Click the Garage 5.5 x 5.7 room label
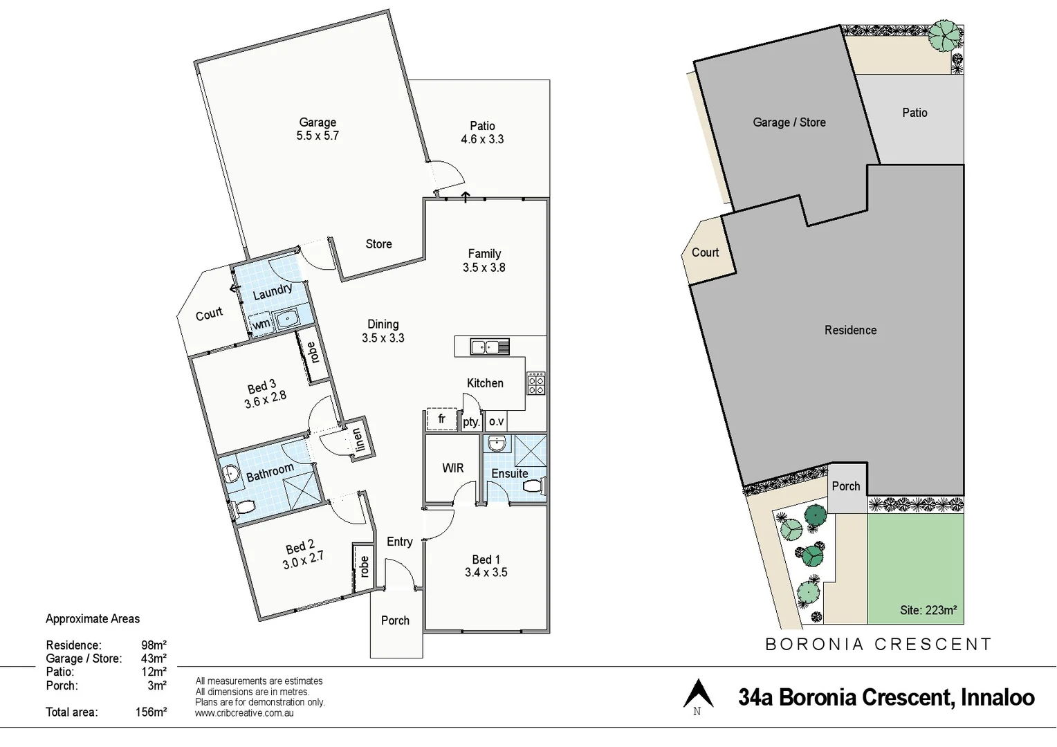(318, 129)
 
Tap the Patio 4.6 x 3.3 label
(482, 132)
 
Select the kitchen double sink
(489, 346)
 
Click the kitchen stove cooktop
(536, 383)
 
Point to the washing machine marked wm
(261, 324)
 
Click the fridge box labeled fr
(441, 419)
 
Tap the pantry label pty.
(471, 421)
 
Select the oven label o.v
(496, 421)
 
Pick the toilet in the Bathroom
(243, 508)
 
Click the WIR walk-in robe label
(453, 468)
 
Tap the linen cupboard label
(357, 439)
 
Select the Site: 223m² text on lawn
(928, 610)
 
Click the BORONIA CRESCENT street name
(879, 645)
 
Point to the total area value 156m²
(151, 712)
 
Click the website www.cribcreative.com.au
(244, 713)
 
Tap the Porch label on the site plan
(846, 486)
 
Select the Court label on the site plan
(705, 252)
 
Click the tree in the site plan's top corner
(945, 35)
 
